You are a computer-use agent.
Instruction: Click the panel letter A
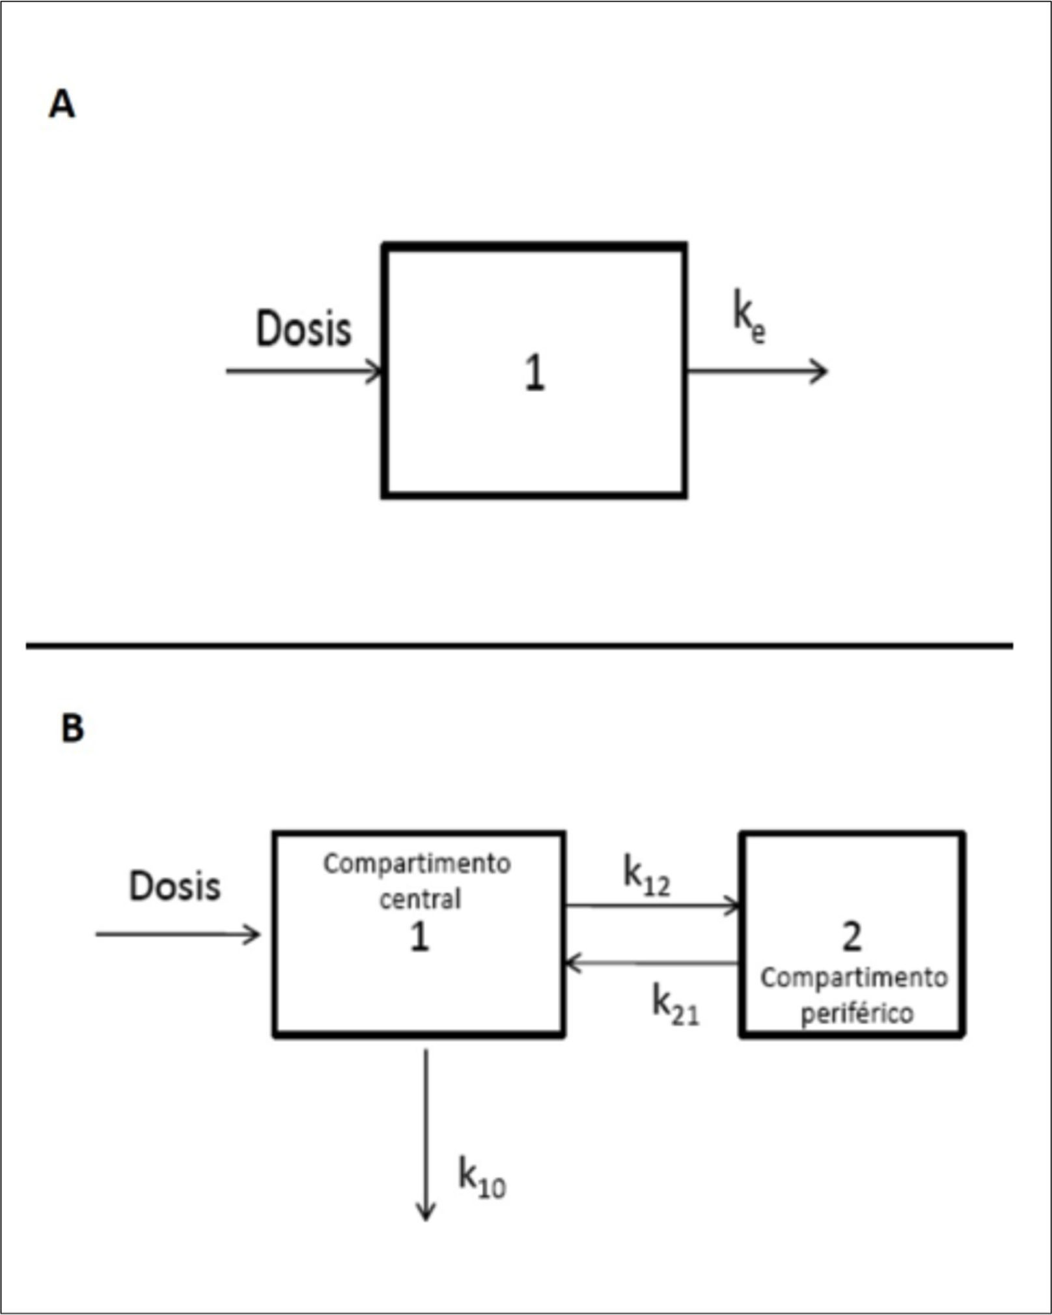pyautogui.click(x=62, y=104)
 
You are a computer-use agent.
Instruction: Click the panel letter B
pyautogui.click(x=72, y=728)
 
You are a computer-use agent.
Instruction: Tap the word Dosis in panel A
pyautogui.click(x=303, y=329)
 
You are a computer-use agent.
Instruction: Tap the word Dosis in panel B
pyautogui.click(x=174, y=886)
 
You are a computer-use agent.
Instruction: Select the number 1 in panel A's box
pyautogui.click(x=534, y=374)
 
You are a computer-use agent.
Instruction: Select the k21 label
pyautogui.click(x=676, y=1005)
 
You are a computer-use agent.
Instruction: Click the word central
pyautogui.click(x=420, y=899)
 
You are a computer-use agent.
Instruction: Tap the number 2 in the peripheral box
pyautogui.click(x=851, y=937)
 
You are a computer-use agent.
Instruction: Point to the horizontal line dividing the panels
pyautogui.click(x=519, y=645)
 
